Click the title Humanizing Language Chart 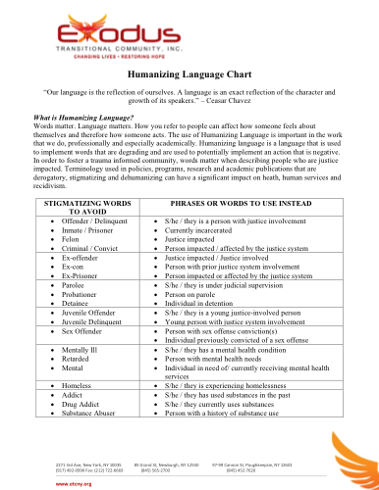[x=189, y=76]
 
